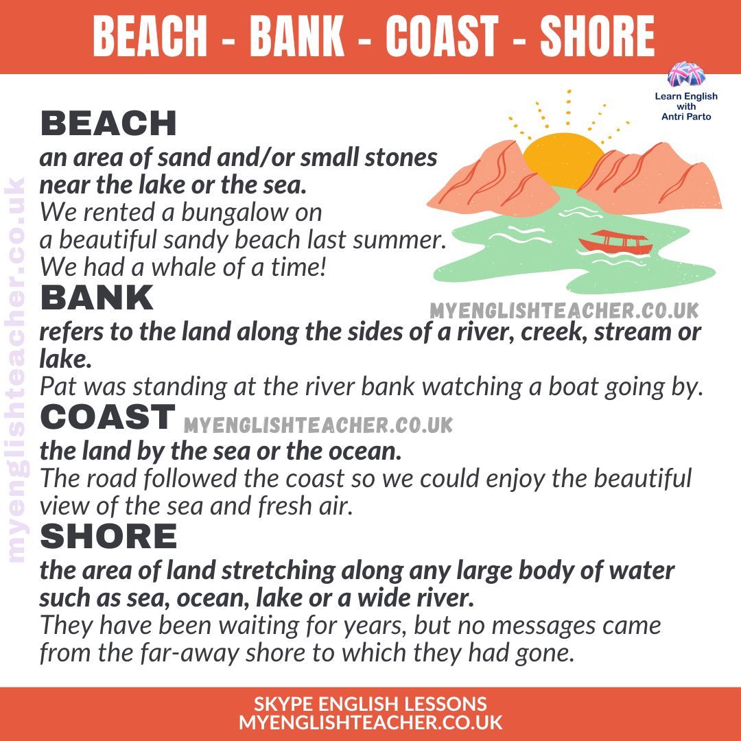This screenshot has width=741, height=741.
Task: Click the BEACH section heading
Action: click(108, 124)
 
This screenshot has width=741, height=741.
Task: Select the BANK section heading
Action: click(97, 298)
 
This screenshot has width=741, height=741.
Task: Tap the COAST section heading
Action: click(108, 417)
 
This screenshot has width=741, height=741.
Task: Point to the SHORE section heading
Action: click(108, 536)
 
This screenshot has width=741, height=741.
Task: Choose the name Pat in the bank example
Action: click(56, 387)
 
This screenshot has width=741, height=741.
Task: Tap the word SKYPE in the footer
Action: click(283, 704)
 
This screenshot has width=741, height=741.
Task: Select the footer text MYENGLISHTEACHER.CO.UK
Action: click(370, 722)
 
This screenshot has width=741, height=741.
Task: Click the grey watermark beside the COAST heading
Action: click(318, 425)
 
